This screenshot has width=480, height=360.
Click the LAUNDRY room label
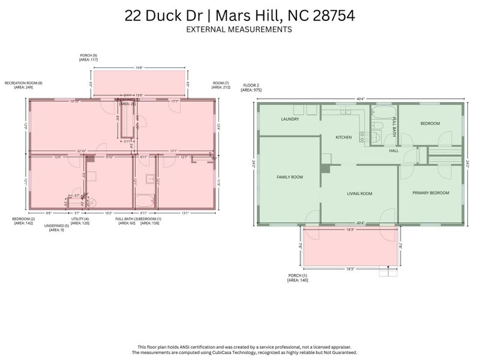tap(290, 119)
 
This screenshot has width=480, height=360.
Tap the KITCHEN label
tap(343, 137)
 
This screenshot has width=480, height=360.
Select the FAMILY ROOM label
tap(289, 177)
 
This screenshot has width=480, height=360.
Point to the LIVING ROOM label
tap(359, 194)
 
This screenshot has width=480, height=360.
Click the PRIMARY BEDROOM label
tap(430, 193)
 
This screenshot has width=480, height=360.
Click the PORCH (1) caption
tap(297, 278)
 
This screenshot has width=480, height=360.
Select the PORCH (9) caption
tap(88, 58)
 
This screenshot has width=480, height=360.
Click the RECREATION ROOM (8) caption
tap(23, 85)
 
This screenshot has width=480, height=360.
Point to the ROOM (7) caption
tap(221, 85)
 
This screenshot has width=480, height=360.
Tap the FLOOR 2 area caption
tap(252, 87)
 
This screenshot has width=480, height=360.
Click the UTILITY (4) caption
tap(80, 221)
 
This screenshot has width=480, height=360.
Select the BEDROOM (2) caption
tap(24, 221)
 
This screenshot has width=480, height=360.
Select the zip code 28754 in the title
tap(332, 16)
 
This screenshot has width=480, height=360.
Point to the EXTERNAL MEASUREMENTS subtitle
tap(239, 29)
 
